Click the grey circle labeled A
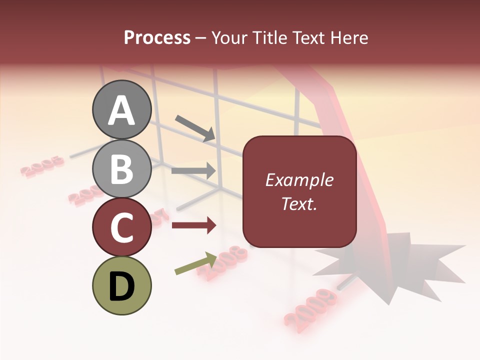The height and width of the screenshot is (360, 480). pyautogui.click(x=121, y=109)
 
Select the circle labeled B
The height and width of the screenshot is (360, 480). pyautogui.click(x=121, y=168)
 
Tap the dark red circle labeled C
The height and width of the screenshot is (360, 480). pyautogui.click(x=121, y=227)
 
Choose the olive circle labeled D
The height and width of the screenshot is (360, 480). pyautogui.click(x=121, y=285)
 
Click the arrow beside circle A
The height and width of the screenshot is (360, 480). pyautogui.click(x=195, y=128)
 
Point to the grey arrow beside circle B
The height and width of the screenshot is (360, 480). pyautogui.click(x=193, y=170)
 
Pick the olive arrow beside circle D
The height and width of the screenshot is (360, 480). pyautogui.click(x=195, y=263)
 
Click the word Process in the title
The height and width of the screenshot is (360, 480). pyautogui.click(x=157, y=37)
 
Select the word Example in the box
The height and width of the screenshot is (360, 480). pyautogui.click(x=299, y=180)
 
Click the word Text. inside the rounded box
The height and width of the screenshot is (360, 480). pyautogui.click(x=299, y=204)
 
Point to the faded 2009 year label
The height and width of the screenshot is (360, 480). pyautogui.click(x=310, y=306)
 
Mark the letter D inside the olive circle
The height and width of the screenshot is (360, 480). pyautogui.click(x=121, y=286)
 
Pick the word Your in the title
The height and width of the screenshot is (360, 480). pyautogui.click(x=230, y=37)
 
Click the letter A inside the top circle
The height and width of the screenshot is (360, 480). pyautogui.click(x=121, y=110)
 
